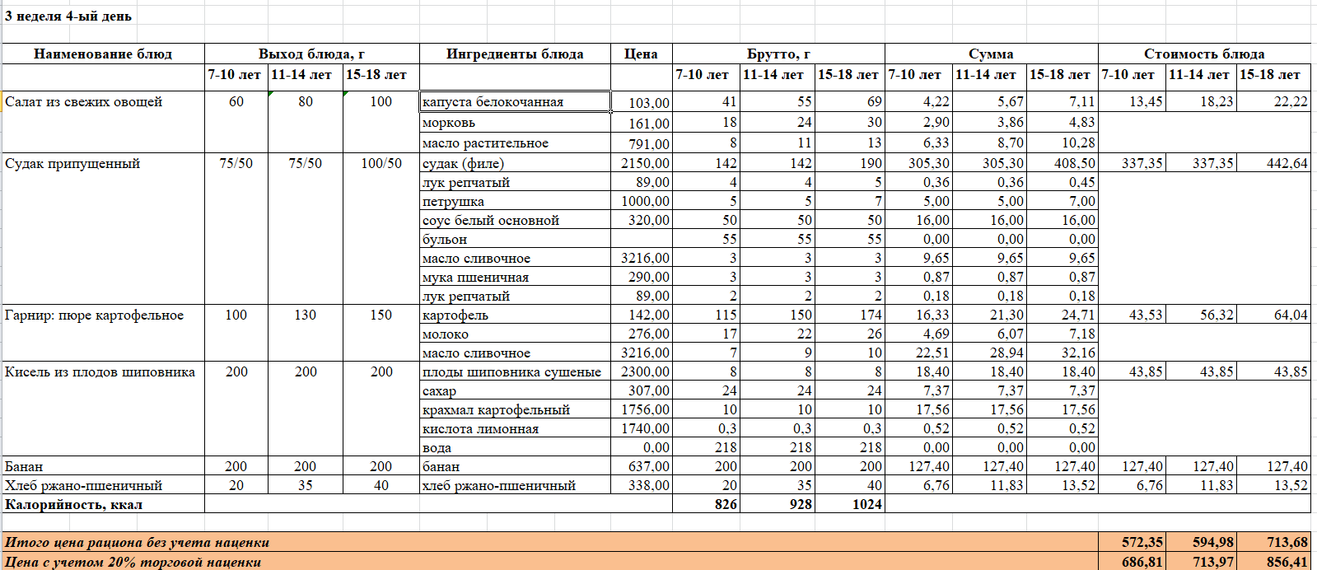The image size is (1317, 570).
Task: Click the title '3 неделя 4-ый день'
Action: pos(68,16)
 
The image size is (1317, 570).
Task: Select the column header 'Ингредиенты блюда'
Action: pos(515,54)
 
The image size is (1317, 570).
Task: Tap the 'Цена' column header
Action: pos(641,54)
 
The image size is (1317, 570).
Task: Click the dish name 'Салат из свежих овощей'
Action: pos(84,102)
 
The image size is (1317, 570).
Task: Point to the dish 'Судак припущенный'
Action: pos(72,164)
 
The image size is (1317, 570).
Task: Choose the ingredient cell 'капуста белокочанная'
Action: pos(493,102)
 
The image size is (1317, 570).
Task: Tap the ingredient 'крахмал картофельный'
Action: pos(496,410)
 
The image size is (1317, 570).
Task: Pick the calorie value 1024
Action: pos(866,505)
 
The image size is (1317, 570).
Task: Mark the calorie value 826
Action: pos(726,505)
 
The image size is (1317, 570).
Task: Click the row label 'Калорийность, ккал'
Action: pos(73,505)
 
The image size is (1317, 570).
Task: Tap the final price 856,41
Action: pos(1287,563)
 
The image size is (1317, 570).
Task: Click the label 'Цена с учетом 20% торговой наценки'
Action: pos(133,563)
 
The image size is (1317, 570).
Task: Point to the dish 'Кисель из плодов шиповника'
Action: pos(100,372)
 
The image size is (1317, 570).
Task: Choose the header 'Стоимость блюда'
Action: pos(1203,54)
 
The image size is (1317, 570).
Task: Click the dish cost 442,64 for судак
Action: pos(1287,164)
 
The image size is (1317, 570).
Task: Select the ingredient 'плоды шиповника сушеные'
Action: pos(511,372)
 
